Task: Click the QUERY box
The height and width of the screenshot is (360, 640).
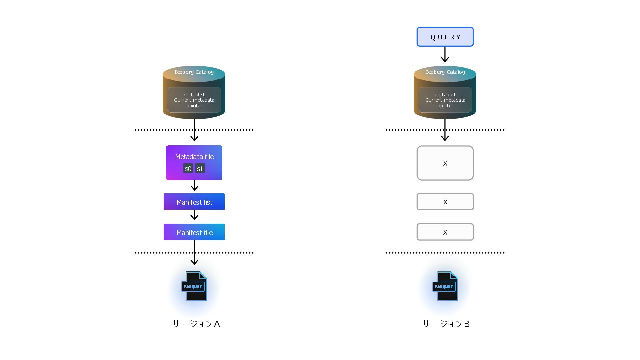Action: click(445, 37)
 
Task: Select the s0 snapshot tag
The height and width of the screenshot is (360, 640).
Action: click(188, 168)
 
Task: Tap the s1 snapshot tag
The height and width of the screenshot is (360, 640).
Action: click(200, 168)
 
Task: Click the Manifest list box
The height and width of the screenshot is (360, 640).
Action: click(194, 202)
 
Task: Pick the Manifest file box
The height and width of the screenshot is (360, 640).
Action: click(194, 232)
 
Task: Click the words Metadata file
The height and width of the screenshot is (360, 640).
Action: click(194, 157)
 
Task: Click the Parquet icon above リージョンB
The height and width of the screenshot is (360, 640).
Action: click(445, 286)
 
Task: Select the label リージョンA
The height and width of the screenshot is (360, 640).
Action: click(196, 324)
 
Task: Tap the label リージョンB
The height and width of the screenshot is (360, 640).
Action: click(446, 324)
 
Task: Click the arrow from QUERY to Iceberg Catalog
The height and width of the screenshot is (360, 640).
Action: click(445, 54)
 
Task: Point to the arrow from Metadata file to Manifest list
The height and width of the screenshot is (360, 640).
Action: click(194, 185)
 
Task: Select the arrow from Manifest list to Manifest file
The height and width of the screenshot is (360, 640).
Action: click(194, 215)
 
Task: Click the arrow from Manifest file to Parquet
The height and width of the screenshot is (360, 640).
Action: click(194, 253)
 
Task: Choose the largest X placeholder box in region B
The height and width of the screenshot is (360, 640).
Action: click(445, 163)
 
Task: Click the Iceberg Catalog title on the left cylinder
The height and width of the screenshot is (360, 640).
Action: click(194, 72)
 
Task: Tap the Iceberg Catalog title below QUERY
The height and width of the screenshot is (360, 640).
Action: click(445, 72)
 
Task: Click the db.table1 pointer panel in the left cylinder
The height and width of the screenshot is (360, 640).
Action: click(194, 100)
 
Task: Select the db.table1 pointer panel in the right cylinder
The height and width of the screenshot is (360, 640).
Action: click(445, 100)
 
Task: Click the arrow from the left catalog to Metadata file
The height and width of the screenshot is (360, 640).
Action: click(194, 130)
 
